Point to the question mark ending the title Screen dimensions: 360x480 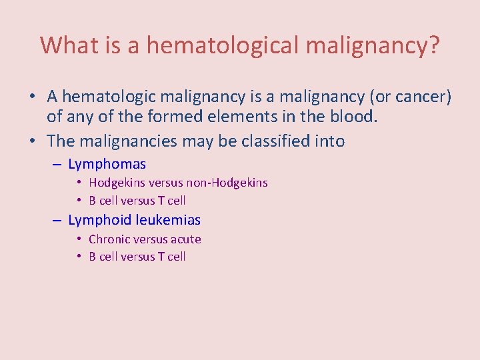click(433, 45)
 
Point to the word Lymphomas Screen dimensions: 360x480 click(107, 164)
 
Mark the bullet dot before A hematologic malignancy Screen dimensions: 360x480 click(32, 97)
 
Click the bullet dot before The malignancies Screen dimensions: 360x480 click(32, 141)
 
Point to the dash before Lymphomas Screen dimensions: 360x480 click(56, 164)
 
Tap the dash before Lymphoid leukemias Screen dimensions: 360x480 click(56, 220)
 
